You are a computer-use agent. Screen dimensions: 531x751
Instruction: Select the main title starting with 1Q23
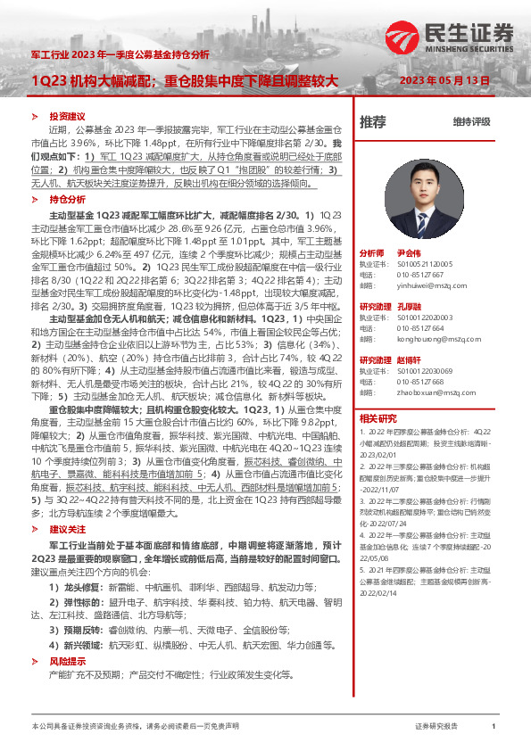(185, 80)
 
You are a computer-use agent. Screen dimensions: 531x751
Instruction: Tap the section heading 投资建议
(67, 117)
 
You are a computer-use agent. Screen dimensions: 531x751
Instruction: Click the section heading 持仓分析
(67, 201)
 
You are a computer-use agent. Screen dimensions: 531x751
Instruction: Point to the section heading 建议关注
(67, 530)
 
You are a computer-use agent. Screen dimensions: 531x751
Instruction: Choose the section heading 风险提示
(67, 660)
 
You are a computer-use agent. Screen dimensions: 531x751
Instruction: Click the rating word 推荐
(373, 121)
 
